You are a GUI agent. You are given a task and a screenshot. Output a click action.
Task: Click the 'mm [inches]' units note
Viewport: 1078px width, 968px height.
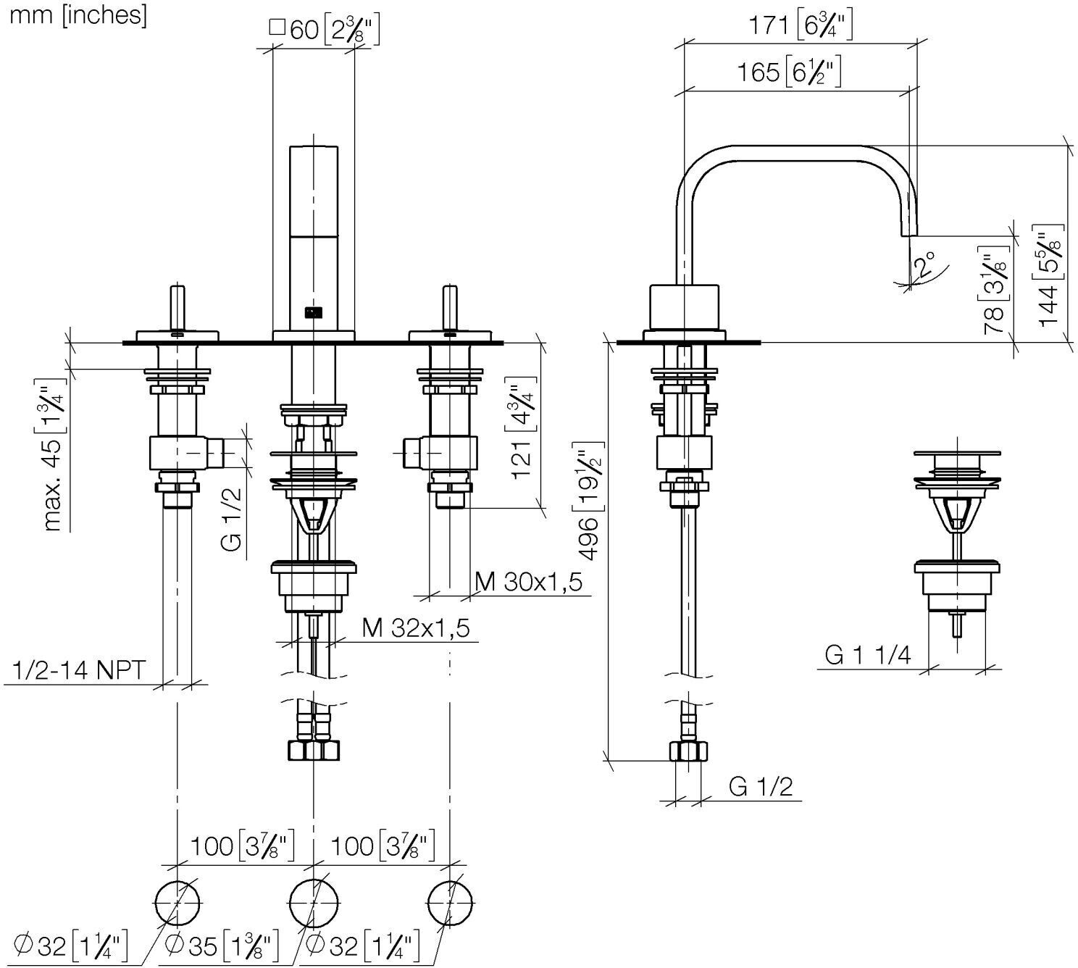[78, 15]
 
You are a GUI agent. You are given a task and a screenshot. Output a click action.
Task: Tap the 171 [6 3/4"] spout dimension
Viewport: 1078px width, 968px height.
[801, 25]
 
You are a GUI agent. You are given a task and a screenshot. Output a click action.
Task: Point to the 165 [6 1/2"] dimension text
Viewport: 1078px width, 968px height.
[789, 72]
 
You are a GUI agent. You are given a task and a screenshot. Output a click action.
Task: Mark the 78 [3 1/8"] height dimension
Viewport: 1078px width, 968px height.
[995, 290]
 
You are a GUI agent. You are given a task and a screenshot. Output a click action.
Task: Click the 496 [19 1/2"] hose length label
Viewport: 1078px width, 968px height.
[590, 501]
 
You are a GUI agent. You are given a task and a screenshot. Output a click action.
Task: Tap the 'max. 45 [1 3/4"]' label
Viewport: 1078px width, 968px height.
[55, 455]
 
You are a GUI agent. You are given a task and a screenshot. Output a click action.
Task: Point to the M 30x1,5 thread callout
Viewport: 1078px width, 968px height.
[528, 582]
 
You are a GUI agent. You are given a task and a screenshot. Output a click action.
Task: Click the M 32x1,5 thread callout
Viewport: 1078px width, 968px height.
[416, 628]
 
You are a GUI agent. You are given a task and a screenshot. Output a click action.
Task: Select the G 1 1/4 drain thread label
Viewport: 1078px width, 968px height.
[868, 654]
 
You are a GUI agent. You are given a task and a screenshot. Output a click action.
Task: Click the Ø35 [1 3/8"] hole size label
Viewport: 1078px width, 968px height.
[221, 945]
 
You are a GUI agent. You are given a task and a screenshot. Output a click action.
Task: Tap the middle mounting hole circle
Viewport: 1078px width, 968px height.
[314, 903]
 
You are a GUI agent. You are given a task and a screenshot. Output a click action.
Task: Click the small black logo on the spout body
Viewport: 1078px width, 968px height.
[314, 312]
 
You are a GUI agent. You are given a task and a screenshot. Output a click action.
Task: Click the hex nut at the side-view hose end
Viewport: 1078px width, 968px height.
[688, 751]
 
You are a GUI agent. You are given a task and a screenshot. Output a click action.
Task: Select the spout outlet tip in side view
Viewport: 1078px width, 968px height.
[908, 233]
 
